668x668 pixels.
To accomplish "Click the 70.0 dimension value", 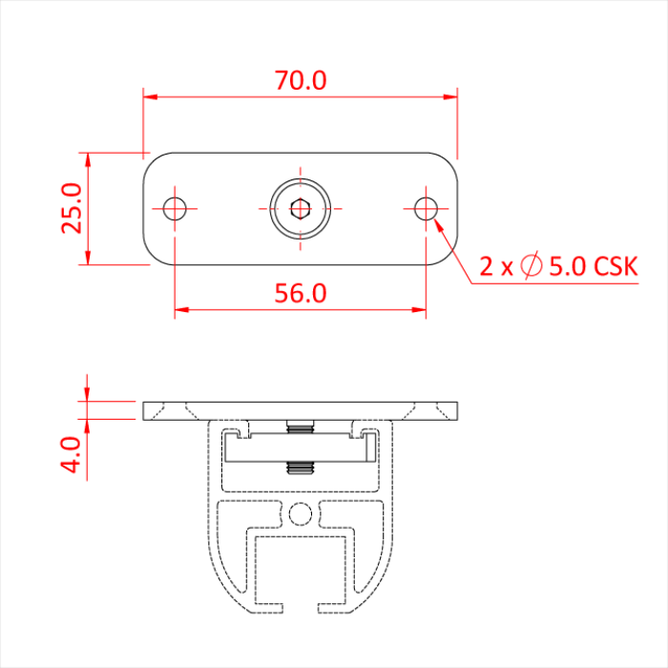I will pyautogui.click(x=301, y=80).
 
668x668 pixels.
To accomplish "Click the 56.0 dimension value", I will pyautogui.click(x=301, y=293).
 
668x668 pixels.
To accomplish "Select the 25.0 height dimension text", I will pyautogui.click(x=73, y=208).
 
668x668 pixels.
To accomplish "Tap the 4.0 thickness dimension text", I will pyautogui.click(x=73, y=457).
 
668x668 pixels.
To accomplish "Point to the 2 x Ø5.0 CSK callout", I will pyautogui.click(x=557, y=266).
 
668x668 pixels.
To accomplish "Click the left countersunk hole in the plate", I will pyautogui.click(x=175, y=208).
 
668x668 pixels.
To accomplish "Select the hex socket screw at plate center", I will pyautogui.click(x=301, y=208).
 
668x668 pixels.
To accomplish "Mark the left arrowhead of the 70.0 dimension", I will pyautogui.click(x=150, y=96).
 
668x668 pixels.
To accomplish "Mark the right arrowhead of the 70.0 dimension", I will pyautogui.click(x=451, y=96).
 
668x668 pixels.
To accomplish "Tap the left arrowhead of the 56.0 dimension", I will pyautogui.click(x=181, y=309).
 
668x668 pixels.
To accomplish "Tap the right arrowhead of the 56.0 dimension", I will pyautogui.click(x=420, y=309).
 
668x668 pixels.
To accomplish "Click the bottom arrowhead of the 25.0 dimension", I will pyautogui.click(x=88, y=259).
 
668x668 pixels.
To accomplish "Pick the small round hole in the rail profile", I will pyautogui.click(x=301, y=514).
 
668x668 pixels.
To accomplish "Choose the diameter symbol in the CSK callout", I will pyautogui.click(x=532, y=266).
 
